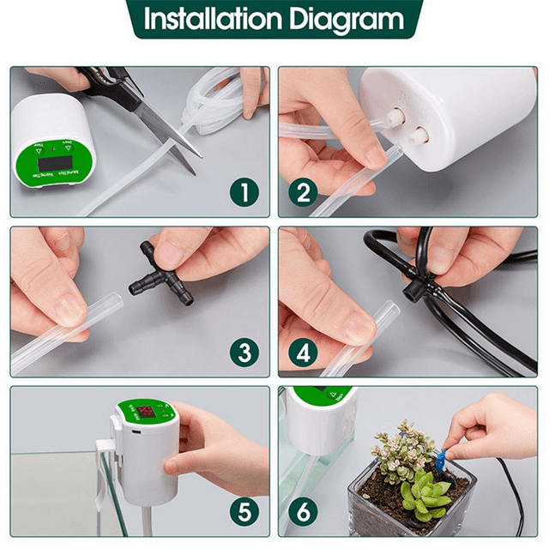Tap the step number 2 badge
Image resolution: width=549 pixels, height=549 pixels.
click(303, 192)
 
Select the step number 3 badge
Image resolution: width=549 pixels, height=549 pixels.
click(246, 352)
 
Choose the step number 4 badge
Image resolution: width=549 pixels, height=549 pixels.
click(303, 352)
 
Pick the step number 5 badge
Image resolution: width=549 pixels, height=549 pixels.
click(246, 513)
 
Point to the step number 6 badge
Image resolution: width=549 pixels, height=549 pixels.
click(303, 513)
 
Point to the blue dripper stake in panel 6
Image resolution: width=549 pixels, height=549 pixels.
click(439, 462)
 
